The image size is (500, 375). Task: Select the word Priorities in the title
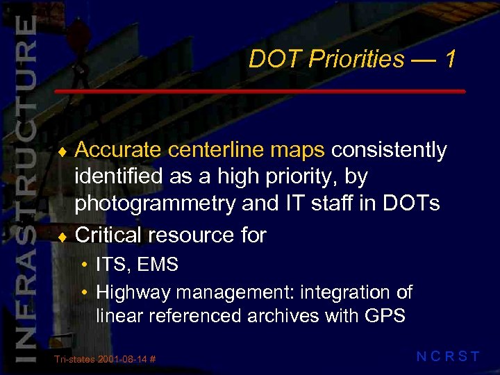pos(356,60)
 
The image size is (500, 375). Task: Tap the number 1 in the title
pos(450,60)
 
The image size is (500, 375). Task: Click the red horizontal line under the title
pos(260,92)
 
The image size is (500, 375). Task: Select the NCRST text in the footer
pos(447,357)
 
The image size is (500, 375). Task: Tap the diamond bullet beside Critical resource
pos(65,236)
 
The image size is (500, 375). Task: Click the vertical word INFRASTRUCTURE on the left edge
pos(24,187)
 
